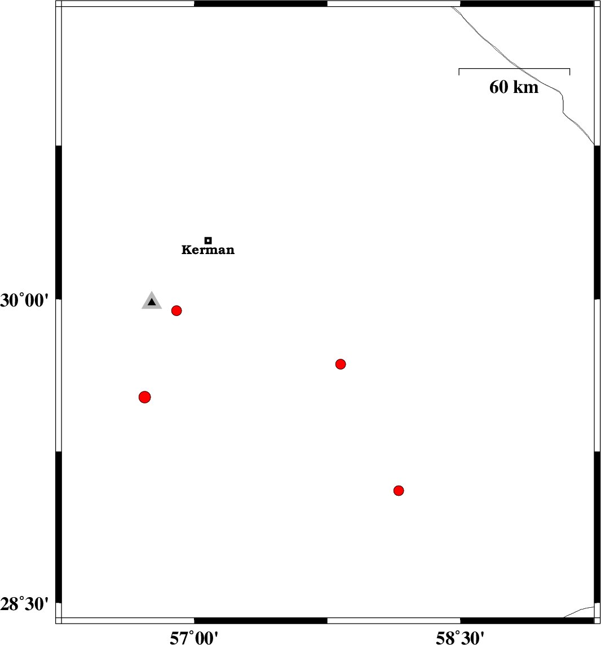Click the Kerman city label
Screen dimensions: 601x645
pos(208,250)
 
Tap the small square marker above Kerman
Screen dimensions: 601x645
pos(208,241)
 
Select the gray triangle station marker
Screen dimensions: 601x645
pos(152,301)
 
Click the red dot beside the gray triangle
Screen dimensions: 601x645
pos(176,310)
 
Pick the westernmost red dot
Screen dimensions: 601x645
pos(144,397)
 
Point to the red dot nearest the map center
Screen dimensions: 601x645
pos(341,364)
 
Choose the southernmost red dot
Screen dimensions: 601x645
pos(399,490)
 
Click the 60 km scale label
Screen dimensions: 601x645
pos(514,87)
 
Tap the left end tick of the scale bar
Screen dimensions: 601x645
pos(459,72)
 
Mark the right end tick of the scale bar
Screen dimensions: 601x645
pos(570,72)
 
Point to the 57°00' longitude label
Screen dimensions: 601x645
pos(194,638)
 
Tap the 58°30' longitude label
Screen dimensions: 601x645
pos(460,638)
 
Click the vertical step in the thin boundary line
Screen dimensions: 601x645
pos(563,104)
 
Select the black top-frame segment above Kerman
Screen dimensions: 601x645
pos(260,4)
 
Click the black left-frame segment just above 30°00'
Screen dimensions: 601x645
pos(59,222)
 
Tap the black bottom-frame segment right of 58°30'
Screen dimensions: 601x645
pos(527,620)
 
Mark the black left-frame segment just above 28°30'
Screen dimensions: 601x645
pos(59,527)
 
